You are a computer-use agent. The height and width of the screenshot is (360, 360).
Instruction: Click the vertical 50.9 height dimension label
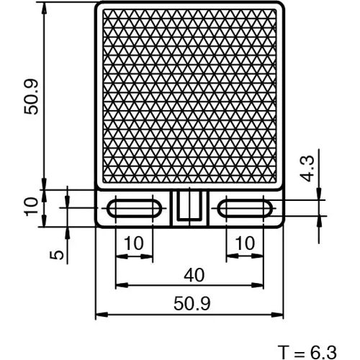pyautogui.click(x=30, y=95)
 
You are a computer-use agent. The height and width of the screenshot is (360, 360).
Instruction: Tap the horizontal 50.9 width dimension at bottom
pyautogui.click(x=191, y=305)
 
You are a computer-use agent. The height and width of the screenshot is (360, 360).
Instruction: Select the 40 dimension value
pyautogui.click(x=191, y=274)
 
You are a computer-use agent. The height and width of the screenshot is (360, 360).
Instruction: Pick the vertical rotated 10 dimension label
pyautogui.click(x=30, y=207)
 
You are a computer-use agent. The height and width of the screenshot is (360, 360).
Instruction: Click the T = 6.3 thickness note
pyautogui.click(x=307, y=351)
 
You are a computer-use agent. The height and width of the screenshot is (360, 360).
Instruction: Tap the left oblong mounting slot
pyautogui.click(x=134, y=208)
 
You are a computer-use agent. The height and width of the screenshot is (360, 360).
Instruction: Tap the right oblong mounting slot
pyautogui.click(x=246, y=208)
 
